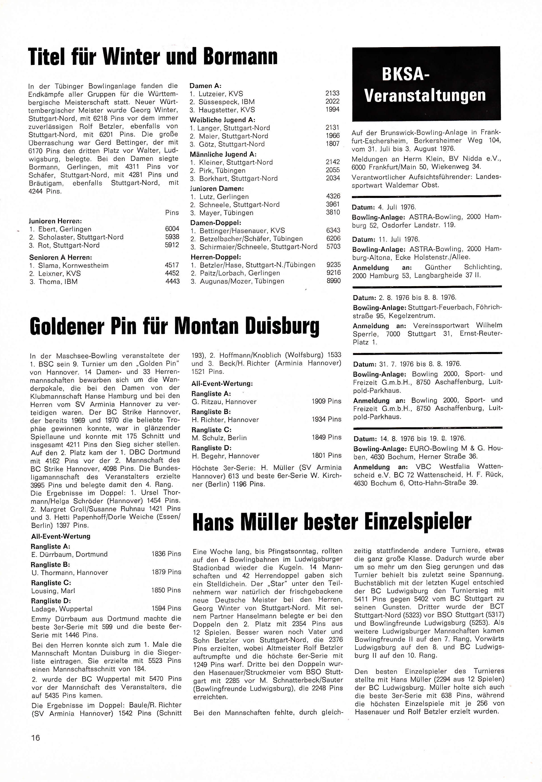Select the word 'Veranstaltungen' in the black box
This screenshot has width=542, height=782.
[x=425, y=96]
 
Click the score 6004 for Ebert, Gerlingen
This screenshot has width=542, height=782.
[x=172, y=229]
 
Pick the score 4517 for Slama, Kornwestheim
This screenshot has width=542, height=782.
[x=172, y=265]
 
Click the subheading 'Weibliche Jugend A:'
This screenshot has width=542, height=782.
[x=222, y=120]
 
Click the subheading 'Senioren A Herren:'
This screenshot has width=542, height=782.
[x=61, y=257]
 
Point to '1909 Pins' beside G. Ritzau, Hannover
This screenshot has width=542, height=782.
[x=326, y=401]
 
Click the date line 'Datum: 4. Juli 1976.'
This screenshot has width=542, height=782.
[x=384, y=207]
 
